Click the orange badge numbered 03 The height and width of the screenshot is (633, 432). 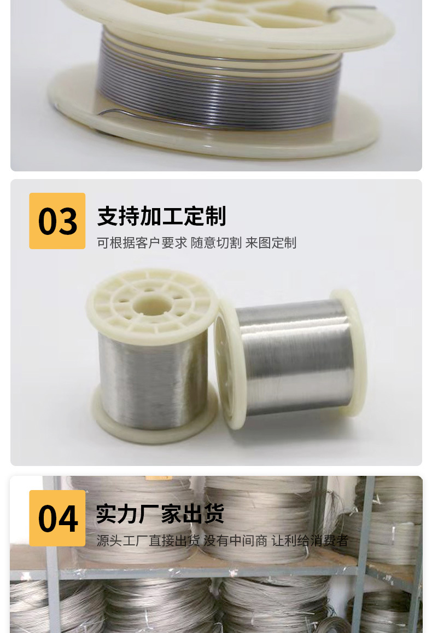(x=57, y=221)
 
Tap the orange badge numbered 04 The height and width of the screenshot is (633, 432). (x=57, y=518)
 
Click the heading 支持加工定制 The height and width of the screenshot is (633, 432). (x=161, y=217)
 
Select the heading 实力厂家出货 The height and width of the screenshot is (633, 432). (x=160, y=514)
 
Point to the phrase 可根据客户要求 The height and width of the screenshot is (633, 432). (x=142, y=243)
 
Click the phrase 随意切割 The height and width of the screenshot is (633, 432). (x=216, y=243)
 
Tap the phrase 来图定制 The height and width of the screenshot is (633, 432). (x=271, y=243)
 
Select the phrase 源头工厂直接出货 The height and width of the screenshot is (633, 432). (x=148, y=541)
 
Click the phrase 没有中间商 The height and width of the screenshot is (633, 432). (x=235, y=541)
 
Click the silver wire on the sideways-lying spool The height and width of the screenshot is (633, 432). (x=295, y=356)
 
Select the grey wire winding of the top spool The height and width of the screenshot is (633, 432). (x=219, y=90)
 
